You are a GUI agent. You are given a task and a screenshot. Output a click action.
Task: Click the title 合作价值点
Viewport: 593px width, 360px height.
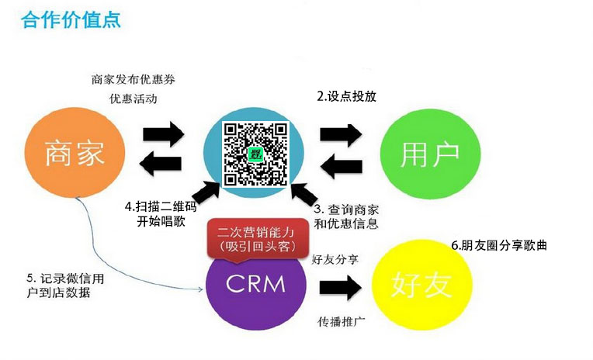[x=71, y=19]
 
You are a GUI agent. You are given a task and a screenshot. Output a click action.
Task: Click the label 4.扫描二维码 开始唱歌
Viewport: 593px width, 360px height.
[x=162, y=215]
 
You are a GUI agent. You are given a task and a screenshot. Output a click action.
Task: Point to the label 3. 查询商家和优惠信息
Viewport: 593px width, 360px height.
[x=345, y=216]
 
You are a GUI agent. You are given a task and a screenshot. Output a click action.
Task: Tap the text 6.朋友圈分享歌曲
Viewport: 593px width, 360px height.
[x=499, y=245]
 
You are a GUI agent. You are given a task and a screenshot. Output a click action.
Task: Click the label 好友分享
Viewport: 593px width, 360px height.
[x=335, y=259]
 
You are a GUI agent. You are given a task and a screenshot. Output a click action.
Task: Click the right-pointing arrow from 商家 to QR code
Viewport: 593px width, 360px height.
[x=163, y=133]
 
